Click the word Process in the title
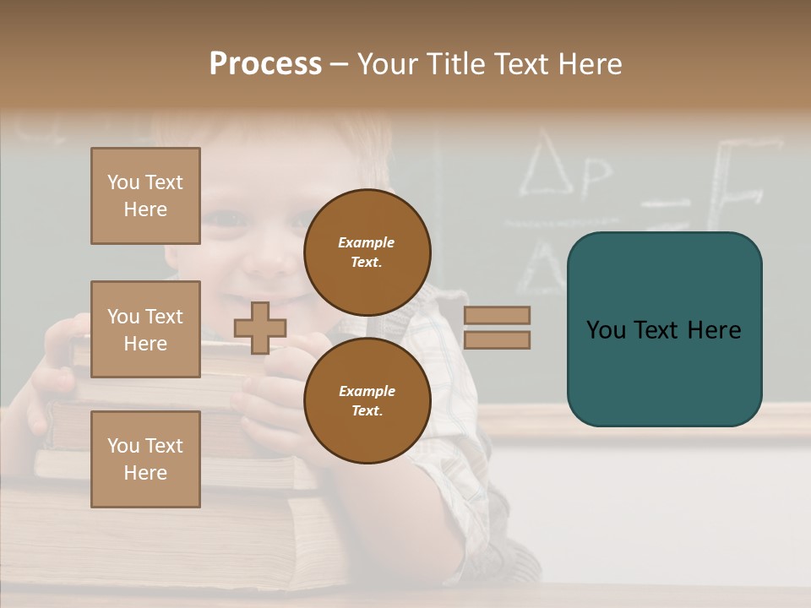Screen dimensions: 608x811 coord(265,64)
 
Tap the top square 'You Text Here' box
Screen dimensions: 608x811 coord(145,196)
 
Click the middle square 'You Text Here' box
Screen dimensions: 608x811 coord(145,329)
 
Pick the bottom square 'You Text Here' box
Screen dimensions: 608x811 coord(145,459)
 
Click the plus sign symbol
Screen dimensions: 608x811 coord(260,328)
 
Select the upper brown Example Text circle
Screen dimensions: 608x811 coord(367,252)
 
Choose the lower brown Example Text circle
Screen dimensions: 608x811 coord(367,400)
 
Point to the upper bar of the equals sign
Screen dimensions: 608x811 coord(497,315)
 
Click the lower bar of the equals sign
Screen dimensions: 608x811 coord(497,339)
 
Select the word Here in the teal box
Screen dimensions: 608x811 coord(714,330)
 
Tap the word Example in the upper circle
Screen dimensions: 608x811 coord(367,242)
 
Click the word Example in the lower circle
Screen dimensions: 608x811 coord(367,391)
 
